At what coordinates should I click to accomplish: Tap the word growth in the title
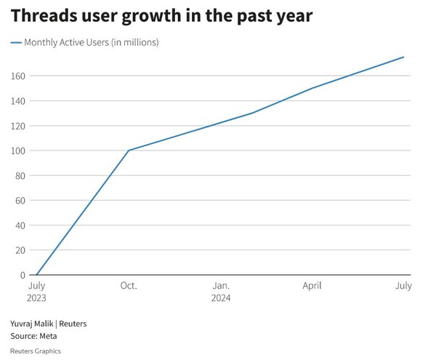click(163, 15)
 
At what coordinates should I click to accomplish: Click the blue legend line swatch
click(17, 43)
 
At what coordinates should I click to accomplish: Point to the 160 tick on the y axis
click(18, 76)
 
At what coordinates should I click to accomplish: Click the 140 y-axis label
click(18, 100)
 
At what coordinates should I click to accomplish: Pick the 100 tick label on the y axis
click(18, 151)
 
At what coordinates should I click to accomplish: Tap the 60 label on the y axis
click(21, 200)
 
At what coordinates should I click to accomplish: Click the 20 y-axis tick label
click(21, 250)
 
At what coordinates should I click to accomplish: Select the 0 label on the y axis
click(23, 275)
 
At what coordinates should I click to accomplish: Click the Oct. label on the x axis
click(128, 286)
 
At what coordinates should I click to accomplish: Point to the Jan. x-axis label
click(222, 286)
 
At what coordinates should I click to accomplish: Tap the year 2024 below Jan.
click(222, 298)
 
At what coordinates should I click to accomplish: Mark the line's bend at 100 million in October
click(129, 151)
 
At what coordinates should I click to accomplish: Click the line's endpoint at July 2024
click(404, 57)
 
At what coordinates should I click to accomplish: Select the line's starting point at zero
click(36, 275)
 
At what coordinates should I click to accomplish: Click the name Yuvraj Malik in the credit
click(33, 324)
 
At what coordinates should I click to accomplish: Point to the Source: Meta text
click(33, 336)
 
